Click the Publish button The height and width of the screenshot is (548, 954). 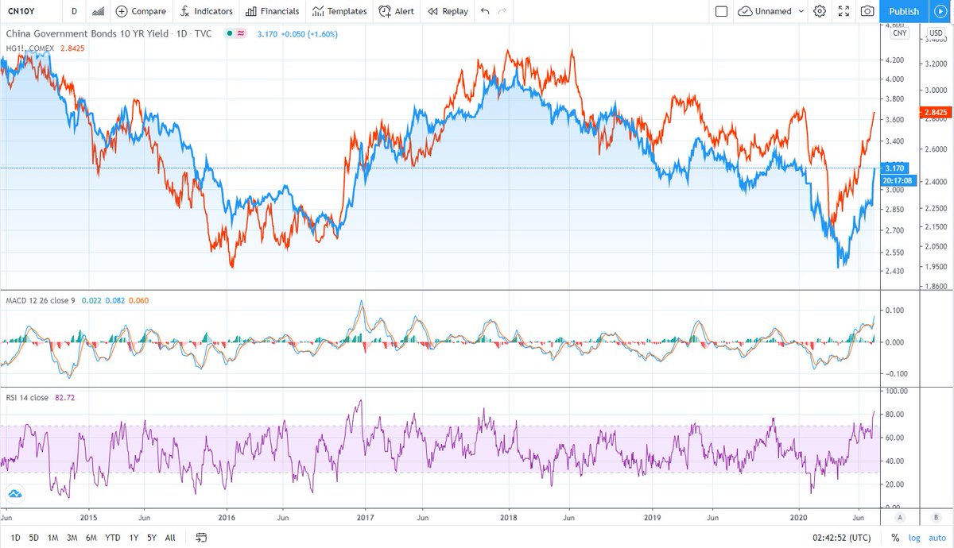pyautogui.click(x=903, y=11)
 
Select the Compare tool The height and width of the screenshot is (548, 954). pyautogui.click(x=141, y=11)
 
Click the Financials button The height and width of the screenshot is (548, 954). pyautogui.click(x=272, y=11)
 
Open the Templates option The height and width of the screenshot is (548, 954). pyautogui.click(x=339, y=11)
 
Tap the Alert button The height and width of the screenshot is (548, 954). pyautogui.click(x=396, y=11)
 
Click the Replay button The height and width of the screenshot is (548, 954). pyautogui.click(x=448, y=11)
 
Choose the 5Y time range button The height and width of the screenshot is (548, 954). pyautogui.click(x=151, y=538)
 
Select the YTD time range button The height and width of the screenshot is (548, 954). pyautogui.click(x=113, y=538)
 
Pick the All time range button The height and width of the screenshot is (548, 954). pyautogui.click(x=170, y=538)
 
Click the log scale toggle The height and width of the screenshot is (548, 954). pyautogui.click(x=913, y=538)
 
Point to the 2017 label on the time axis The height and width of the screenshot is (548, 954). pyautogui.click(x=365, y=516)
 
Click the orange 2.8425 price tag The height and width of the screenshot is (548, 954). pyautogui.click(x=934, y=113)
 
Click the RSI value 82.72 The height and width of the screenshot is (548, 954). pyautogui.click(x=65, y=398)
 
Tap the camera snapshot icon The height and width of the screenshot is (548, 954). pyautogui.click(x=867, y=11)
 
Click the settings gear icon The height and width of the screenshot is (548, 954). pyautogui.click(x=820, y=11)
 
